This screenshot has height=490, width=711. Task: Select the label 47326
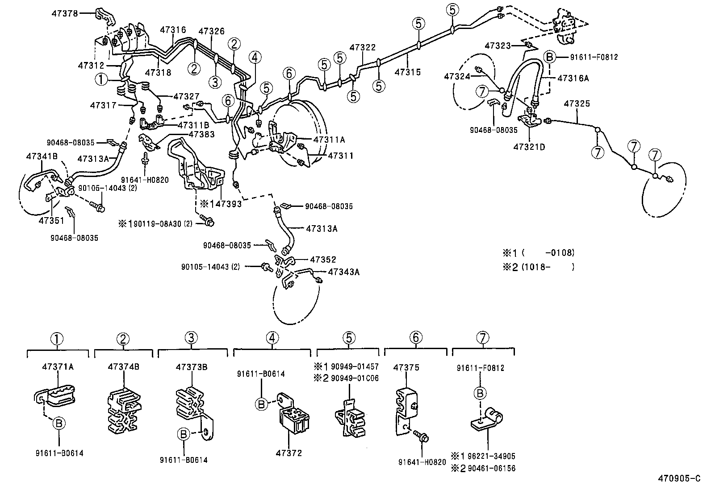click(x=211, y=31)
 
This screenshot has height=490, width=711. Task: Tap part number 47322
click(x=362, y=47)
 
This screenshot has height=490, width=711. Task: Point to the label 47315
click(x=408, y=71)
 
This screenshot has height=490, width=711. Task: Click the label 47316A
click(x=573, y=78)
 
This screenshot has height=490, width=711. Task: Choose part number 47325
click(x=577, y=104)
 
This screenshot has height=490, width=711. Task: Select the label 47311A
click(x=329, y=140)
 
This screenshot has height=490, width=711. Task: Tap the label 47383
click(x=201, y=134)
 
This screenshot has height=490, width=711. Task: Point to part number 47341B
click(x=42, y=156)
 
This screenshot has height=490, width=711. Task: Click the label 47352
click(x=323, y=259)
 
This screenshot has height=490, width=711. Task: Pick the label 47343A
click(x=343, y=272)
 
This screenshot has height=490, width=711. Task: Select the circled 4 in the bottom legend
click(x=272, y=338)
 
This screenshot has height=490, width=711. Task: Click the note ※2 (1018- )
click(x=538, y=267)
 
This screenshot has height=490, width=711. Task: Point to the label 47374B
click(x=123, y=367)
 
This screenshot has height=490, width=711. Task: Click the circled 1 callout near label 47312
click(x=101, y=79)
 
